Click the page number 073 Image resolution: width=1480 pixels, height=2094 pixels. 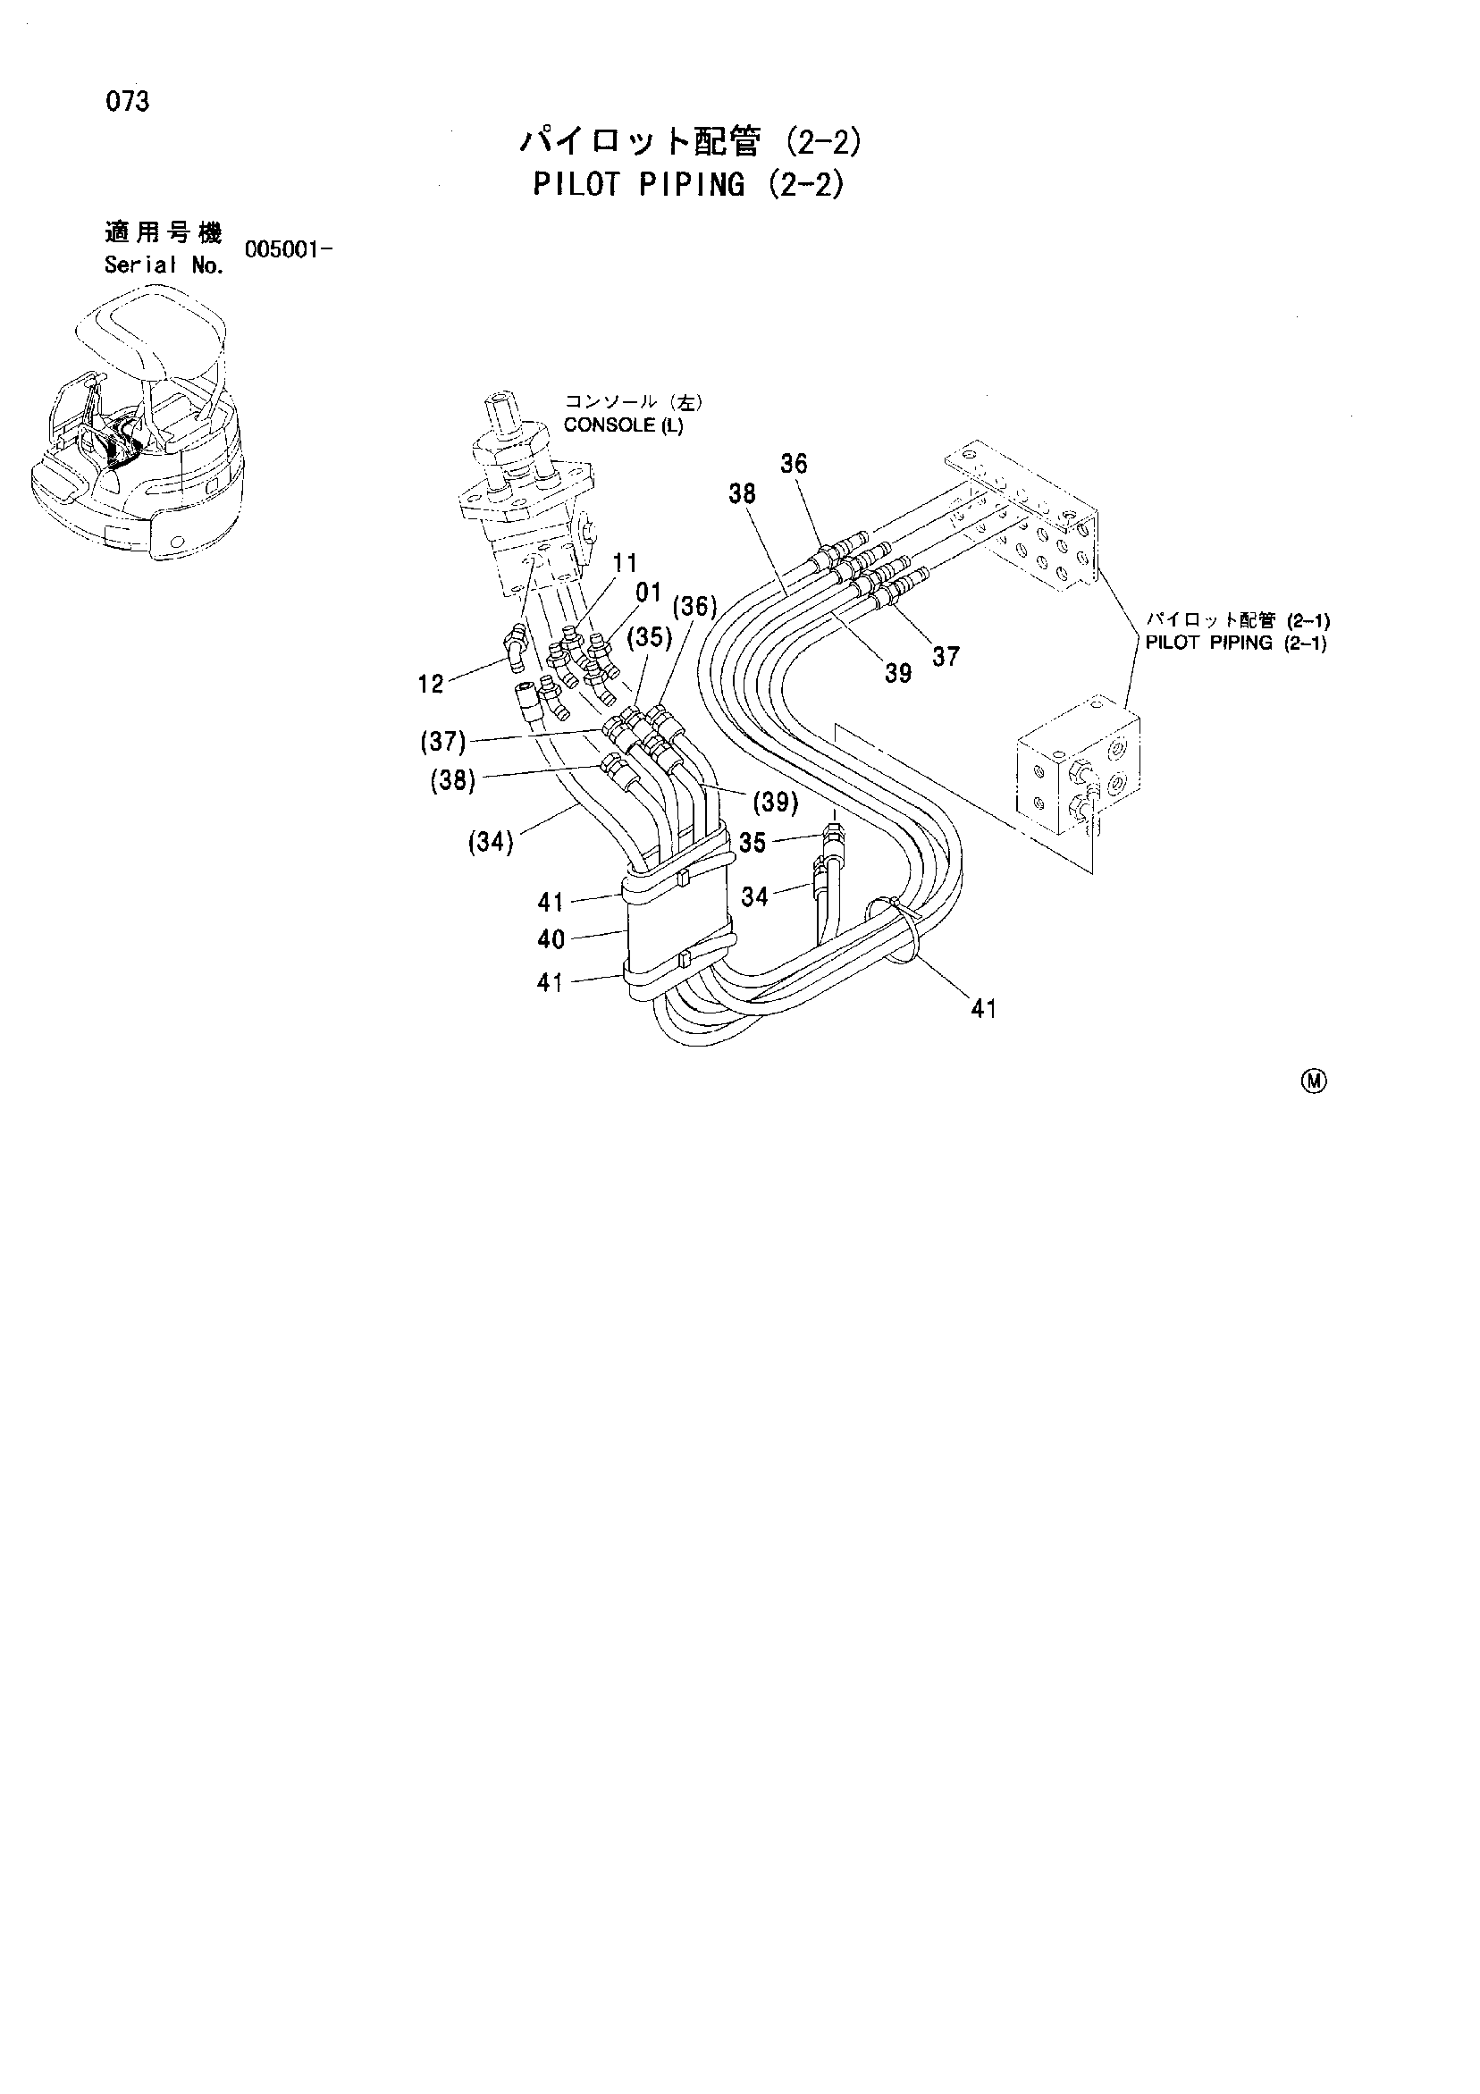click(127, 102)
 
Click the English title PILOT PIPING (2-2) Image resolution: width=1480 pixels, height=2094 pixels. click(688, 184)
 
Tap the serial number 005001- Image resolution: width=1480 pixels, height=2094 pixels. click(286, 249)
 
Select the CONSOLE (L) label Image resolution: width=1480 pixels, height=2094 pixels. click(623, 425)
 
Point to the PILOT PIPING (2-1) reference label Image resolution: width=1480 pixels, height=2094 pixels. click(1236, 642)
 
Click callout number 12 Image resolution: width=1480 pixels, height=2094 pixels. click(431, 683)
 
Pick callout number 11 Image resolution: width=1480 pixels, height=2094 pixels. click(625, 563)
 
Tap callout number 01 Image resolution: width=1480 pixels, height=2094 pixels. click(648, 593)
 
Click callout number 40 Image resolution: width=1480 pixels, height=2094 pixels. click(551, 938)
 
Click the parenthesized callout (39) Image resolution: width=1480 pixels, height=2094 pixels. click(776, 802)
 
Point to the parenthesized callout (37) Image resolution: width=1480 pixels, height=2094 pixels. click(443, 743)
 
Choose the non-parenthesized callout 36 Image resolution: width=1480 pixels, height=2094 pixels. click(794, 464)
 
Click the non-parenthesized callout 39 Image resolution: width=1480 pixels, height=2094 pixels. click(898, 673)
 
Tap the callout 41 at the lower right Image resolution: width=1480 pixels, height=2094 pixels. click(983, 1009)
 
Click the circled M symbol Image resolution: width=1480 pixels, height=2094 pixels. click(1315, 1081)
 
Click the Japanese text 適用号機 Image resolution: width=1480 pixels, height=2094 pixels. click(164, 233)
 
